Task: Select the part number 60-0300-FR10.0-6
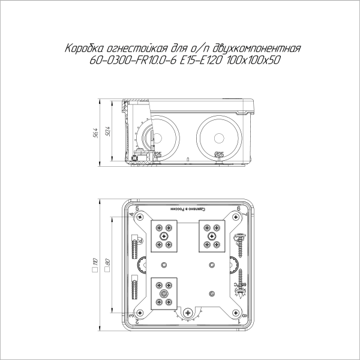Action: pos(125,61)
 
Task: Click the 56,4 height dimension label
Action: pos(95,131)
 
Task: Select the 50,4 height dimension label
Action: pos(109,131)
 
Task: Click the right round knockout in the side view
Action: pos(220,133)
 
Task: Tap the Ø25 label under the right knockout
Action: pos(219,155)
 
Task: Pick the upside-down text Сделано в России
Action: pos(188,209)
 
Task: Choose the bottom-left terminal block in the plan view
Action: pos(163,294)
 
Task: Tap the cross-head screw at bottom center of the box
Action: pos(188,313)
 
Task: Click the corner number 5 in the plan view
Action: pos(138,208)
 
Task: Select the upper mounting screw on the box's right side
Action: pos(240,237)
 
